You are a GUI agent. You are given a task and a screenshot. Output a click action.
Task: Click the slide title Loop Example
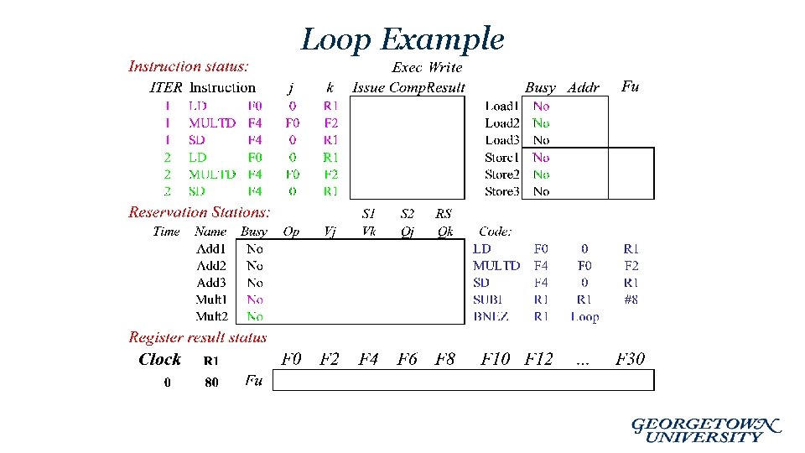(x=402, y=39)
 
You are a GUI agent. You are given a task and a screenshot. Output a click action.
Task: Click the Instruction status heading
(x=188, y=66)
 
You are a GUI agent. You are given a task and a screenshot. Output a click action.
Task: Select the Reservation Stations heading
(x=200, y=213)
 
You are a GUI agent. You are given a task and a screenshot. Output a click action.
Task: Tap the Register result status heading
(x=198, y=337)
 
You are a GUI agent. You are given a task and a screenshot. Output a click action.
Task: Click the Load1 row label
(x=501, y=107)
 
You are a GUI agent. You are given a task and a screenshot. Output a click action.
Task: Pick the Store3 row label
(x=501, y=191)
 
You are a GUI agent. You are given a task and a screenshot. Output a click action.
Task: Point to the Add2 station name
(x=211, y=266)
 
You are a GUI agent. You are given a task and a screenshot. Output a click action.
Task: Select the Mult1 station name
(x=211, y=299)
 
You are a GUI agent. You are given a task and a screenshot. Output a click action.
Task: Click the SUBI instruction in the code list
(x=489, y=299)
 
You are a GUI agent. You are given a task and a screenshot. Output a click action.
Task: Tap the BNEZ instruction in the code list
(x=491, y=316)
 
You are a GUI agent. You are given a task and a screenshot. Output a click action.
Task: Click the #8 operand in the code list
(x=631, y=299)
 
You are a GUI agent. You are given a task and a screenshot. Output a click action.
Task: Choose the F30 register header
(x=631, y=359)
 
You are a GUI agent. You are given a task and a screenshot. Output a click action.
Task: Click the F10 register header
(x=496, y=359)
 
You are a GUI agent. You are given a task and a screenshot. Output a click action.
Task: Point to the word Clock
(x=159, y=359)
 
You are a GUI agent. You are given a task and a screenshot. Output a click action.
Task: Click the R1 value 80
(x=211, y=383)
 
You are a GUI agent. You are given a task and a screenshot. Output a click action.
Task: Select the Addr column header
(x=584, y=87)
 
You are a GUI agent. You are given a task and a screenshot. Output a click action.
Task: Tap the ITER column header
(x=165, y=87)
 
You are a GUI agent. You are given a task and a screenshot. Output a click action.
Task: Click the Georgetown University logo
(x=705, y=430)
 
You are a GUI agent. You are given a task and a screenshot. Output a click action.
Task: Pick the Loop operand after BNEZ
(x=584, y=316)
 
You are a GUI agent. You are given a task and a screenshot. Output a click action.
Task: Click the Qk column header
(x=445, y=232)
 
